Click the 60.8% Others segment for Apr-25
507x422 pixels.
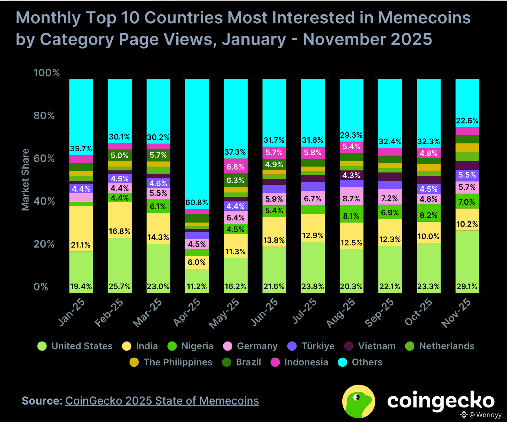pos(197,143)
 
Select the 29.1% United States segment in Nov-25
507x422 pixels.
pos(467,262)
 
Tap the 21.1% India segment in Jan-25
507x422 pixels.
pos(81,228)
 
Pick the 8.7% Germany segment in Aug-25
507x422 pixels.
pos(351,196)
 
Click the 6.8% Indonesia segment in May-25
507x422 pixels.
pos(235,166)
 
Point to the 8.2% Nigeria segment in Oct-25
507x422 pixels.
pos(429,213)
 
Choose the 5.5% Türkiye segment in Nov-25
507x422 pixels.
pos(467,175)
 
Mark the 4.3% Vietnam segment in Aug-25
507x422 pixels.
pos(351,175)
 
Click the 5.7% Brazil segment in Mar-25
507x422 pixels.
pos(158,155)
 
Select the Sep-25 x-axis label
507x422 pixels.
pos(379,312)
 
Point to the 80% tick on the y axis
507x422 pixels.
pos(44,116)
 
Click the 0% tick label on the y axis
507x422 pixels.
pos(41,287)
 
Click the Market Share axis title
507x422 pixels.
pos(25,179)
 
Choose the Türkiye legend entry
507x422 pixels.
pos(318,346)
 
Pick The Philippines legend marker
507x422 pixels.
pos(134,362)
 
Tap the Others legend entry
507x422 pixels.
pos(367,362)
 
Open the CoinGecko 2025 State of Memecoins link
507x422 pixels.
pos(162,401)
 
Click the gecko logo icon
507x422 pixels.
pos(359,401)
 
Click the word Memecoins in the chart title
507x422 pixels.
pos(424,18)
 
